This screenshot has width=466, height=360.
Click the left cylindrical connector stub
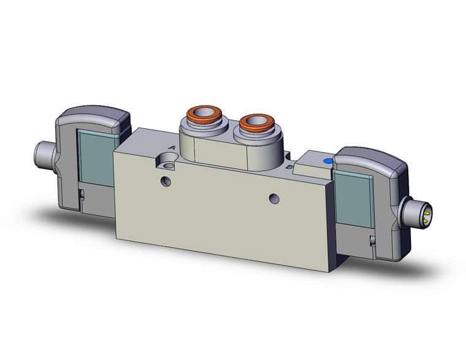click(x=44, y=150)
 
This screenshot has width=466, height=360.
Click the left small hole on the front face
click(x=164, y=180)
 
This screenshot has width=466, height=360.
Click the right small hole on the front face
click(x=273, y=198)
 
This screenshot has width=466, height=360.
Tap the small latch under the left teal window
click(x=82, y=194)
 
